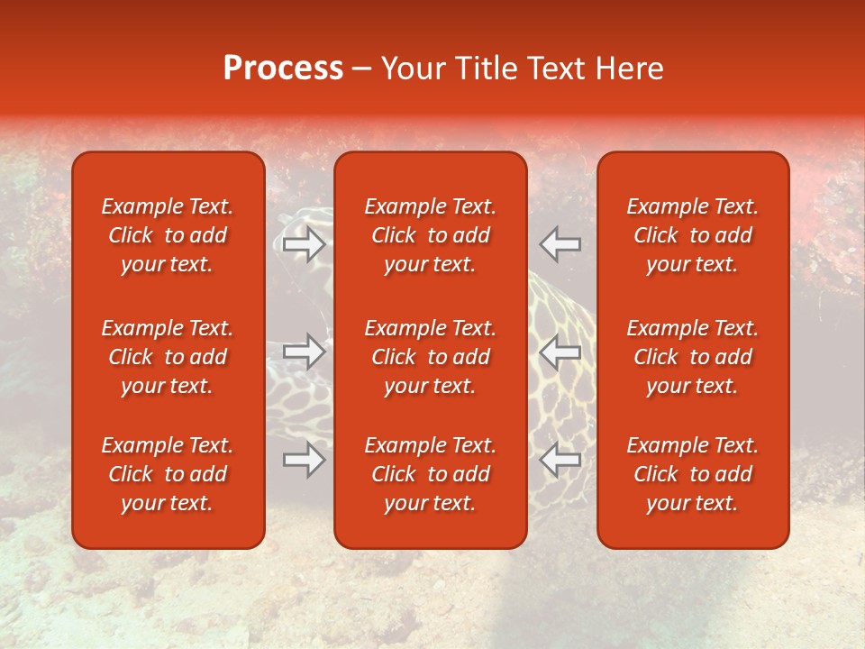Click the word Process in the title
click(x=283, y=69)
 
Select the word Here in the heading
click(x=630, y=69)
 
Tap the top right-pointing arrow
click(x=305, y=244)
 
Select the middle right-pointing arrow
click(x=305, y=352)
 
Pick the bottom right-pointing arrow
click(x=305, y=460)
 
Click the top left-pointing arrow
click(x=560, y=244)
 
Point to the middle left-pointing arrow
click(x=560, y=352)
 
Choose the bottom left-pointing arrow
click(x=560, y=460)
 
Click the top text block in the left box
click(x=168, y=235)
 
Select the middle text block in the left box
click(x=168, y=357)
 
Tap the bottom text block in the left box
click(x=168, y=474)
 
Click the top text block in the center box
click(x=430, y=235)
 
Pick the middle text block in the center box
click(x=430, y=357)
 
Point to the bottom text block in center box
click(x=430, y=474)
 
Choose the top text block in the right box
click(x=692, y=235)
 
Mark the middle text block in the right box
click(x=692, y=357)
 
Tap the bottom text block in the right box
click(x=692, y=474)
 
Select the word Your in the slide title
click(x=413, y=69)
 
